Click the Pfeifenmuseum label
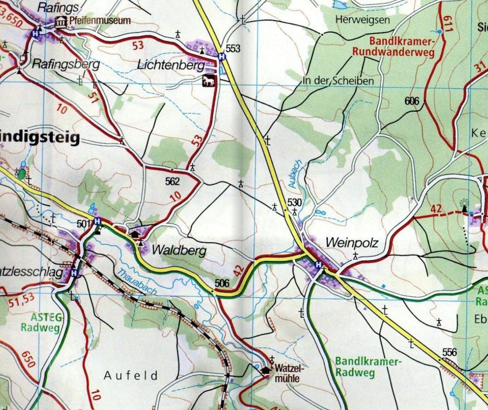tap(101, 20)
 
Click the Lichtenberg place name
tap(171, 65)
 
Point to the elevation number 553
tap(233, 49)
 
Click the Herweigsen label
tap(362, 19)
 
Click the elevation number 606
tap(412, 101)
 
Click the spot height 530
tap(294, 203)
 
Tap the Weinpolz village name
tap(352, 243)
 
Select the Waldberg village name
tap(179, 250)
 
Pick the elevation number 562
tap(172, 181)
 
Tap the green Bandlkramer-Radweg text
tap(368, 367)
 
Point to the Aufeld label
tap(131, 376)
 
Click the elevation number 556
tap(449, 352)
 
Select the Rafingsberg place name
tap(65, 64)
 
